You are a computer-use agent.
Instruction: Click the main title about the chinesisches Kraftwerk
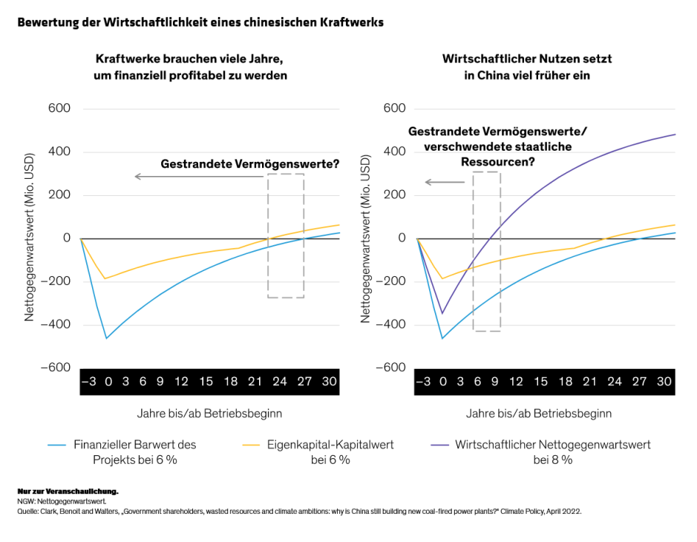pos(200,22)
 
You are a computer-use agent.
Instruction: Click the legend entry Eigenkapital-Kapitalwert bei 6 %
pos(330,451)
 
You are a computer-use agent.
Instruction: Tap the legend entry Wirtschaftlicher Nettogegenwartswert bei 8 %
pos(552,451)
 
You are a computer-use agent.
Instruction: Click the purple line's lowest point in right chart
pos(443,313)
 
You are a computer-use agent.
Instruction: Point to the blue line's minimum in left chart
pos(107,339)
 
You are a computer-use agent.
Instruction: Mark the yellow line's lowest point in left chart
pos(107,278)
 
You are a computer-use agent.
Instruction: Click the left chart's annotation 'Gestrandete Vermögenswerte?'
pos(245,164)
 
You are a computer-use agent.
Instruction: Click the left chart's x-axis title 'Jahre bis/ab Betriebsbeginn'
pos(209,413)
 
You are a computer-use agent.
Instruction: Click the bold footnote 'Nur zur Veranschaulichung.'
pos(68,492)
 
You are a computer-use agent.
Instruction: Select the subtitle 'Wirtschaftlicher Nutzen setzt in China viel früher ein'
pos(526,67)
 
